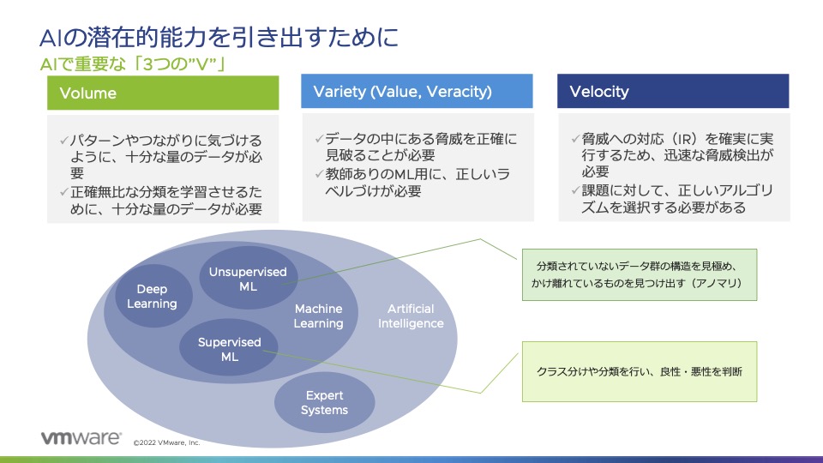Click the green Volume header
[163, 93]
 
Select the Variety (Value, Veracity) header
[417, 92]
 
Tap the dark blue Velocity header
[673, 92]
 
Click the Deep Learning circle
[152, 297]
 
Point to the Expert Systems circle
[324, 402]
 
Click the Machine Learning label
[318, 316]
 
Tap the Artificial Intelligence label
[411, 316]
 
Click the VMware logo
[81, 438]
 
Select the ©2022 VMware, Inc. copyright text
[166, 442]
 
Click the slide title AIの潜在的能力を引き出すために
[219, 38]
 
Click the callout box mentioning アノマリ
[639, 274]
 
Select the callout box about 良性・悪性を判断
[639, 371]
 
